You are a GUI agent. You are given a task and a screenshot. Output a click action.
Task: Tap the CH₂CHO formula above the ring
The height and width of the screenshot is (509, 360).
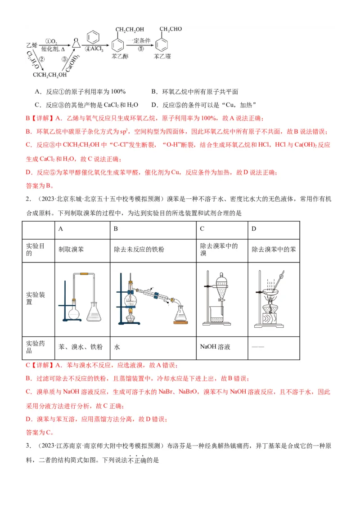(171, 30)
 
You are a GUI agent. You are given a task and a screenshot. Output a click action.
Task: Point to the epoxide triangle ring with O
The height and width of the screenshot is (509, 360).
(76, 42)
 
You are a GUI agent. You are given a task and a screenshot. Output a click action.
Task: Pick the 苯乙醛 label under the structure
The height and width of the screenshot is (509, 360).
(162, 57)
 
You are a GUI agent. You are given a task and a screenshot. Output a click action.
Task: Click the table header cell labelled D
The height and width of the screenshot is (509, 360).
(273, 228)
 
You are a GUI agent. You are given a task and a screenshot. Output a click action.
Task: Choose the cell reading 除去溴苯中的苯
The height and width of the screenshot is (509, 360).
(273, 250)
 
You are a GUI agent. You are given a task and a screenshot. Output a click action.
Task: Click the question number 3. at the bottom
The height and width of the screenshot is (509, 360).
(28, 446)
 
